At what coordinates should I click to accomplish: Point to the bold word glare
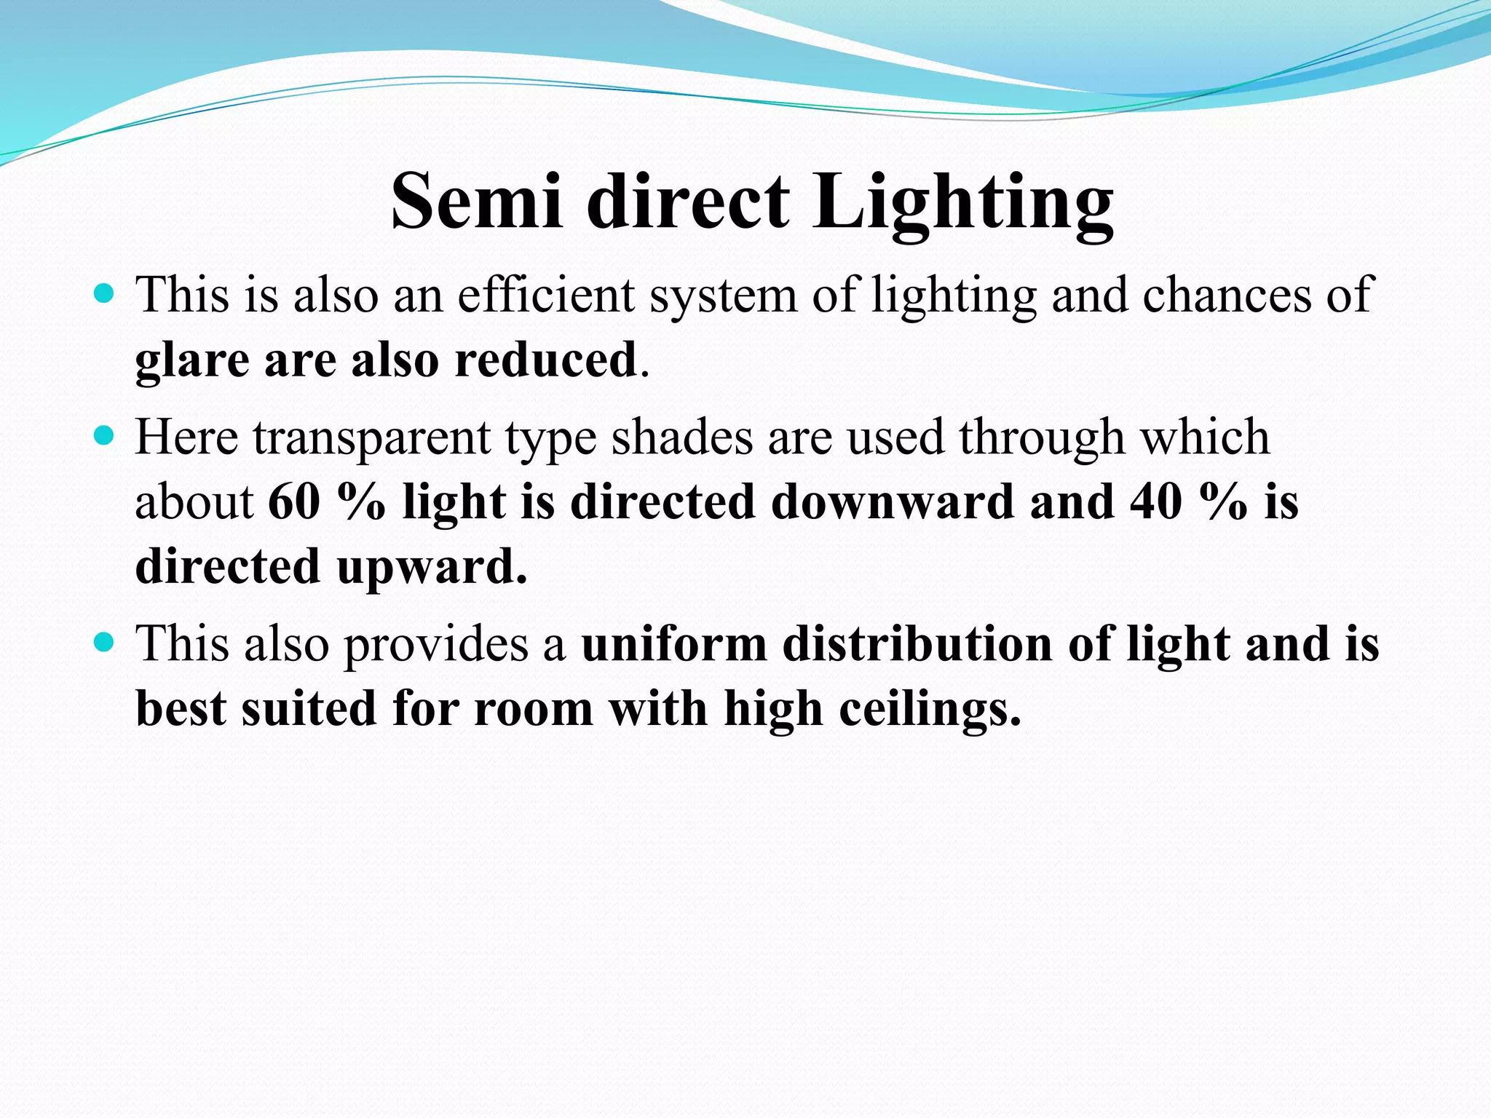pos(192,360)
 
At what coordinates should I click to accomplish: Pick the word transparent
pos(372,438)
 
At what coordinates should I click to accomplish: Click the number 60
pos(294,501)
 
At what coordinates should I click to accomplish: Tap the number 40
pos(1156,501)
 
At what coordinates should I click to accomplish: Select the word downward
pos(892,501)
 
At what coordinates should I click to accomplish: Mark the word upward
pos(431,566)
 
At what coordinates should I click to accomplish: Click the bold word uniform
pos(674,644)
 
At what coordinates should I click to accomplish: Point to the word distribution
pos(917,644)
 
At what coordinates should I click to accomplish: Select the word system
pos(723,296)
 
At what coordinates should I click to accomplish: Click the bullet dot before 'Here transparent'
pos(105,435)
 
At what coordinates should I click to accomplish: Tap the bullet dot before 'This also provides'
pos(105,642)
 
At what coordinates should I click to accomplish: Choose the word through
pos(1041,438)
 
